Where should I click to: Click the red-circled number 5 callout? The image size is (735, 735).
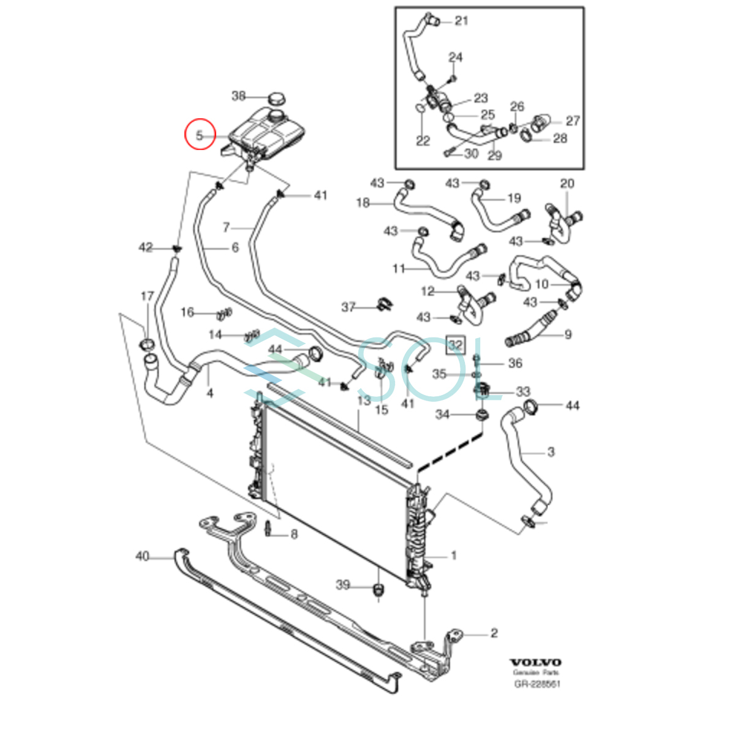coord(200,135)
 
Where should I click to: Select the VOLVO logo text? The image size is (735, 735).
coord(535,663)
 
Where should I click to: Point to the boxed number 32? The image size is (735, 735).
coord(455,345)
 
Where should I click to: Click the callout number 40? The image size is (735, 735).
coord(142,556)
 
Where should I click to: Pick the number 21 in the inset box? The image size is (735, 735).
coord(461,21)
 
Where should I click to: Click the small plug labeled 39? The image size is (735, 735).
coord(379,591)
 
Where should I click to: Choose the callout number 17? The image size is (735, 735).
coord(147,296)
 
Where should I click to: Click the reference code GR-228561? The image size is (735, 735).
coord(537,684)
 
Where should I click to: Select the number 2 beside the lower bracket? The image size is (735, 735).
coord(494,633)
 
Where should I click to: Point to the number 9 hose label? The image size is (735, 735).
coord(568,334)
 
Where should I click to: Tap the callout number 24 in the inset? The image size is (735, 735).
coord(455,58)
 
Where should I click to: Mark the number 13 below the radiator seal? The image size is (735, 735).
coord(364,401)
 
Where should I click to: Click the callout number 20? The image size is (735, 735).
coord(567,183)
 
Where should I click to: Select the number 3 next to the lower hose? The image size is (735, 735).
coord(551,452)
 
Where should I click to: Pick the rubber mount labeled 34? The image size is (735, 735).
coord(483,416)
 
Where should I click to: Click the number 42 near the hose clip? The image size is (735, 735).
coord(145,247)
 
